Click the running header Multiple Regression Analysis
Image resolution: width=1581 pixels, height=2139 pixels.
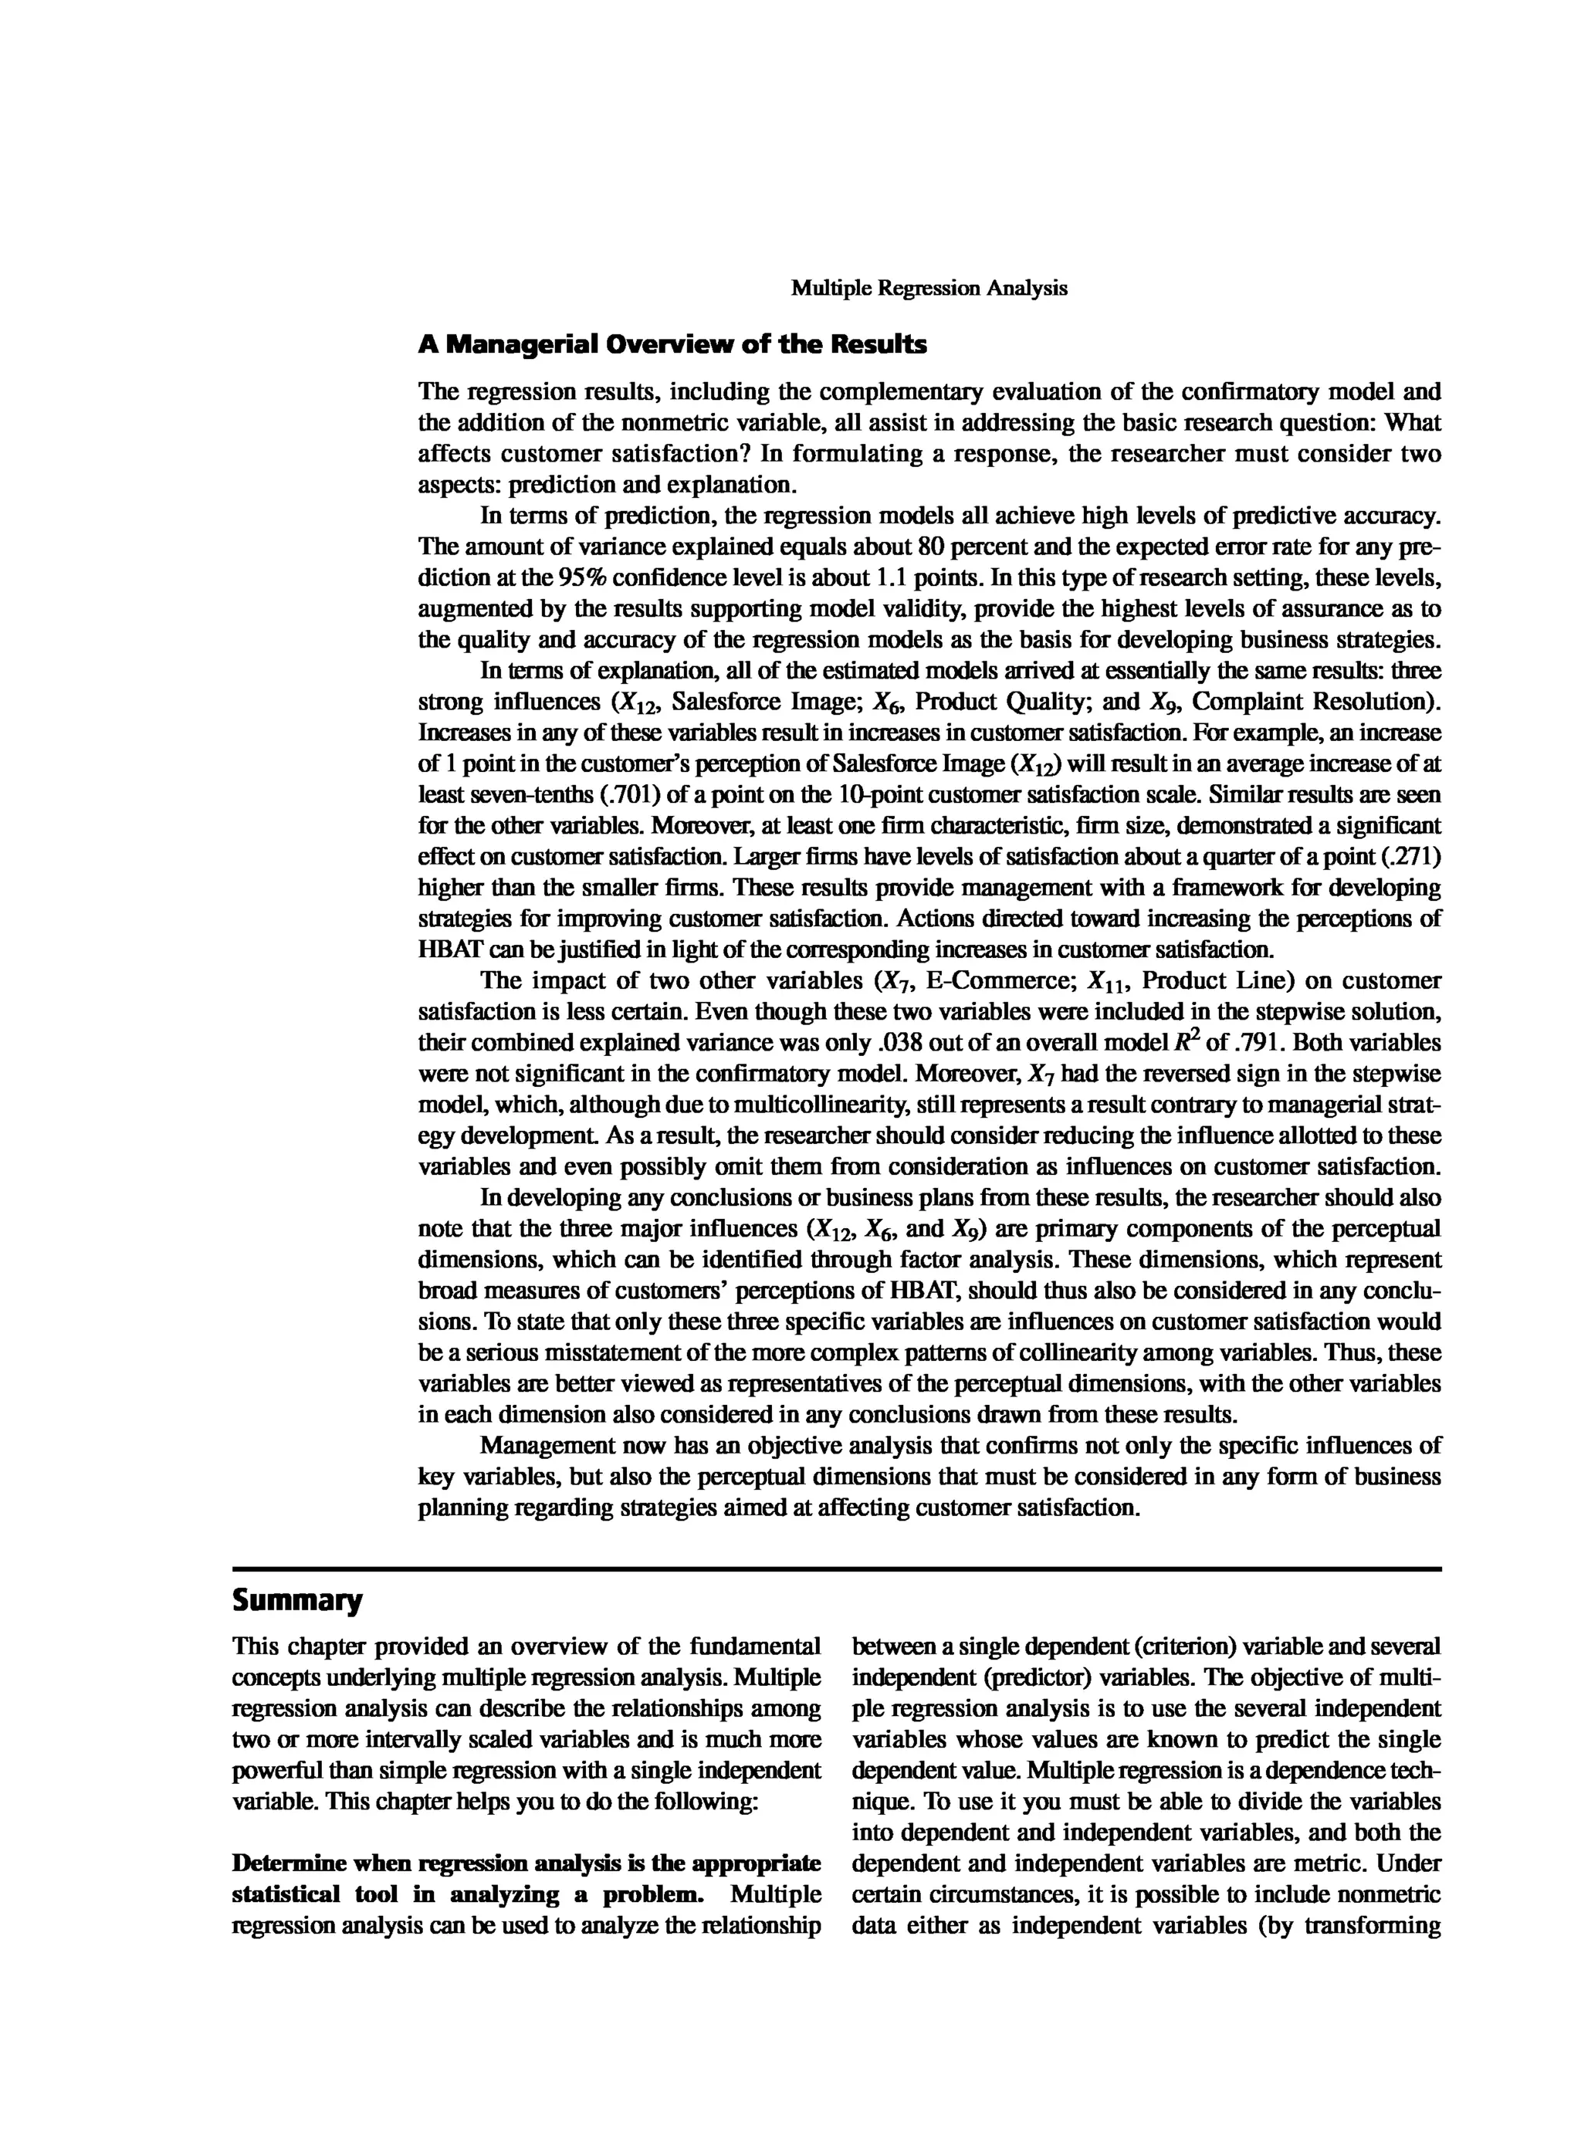[929, 288]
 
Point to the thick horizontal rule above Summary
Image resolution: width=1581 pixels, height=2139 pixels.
[837, 1569]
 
